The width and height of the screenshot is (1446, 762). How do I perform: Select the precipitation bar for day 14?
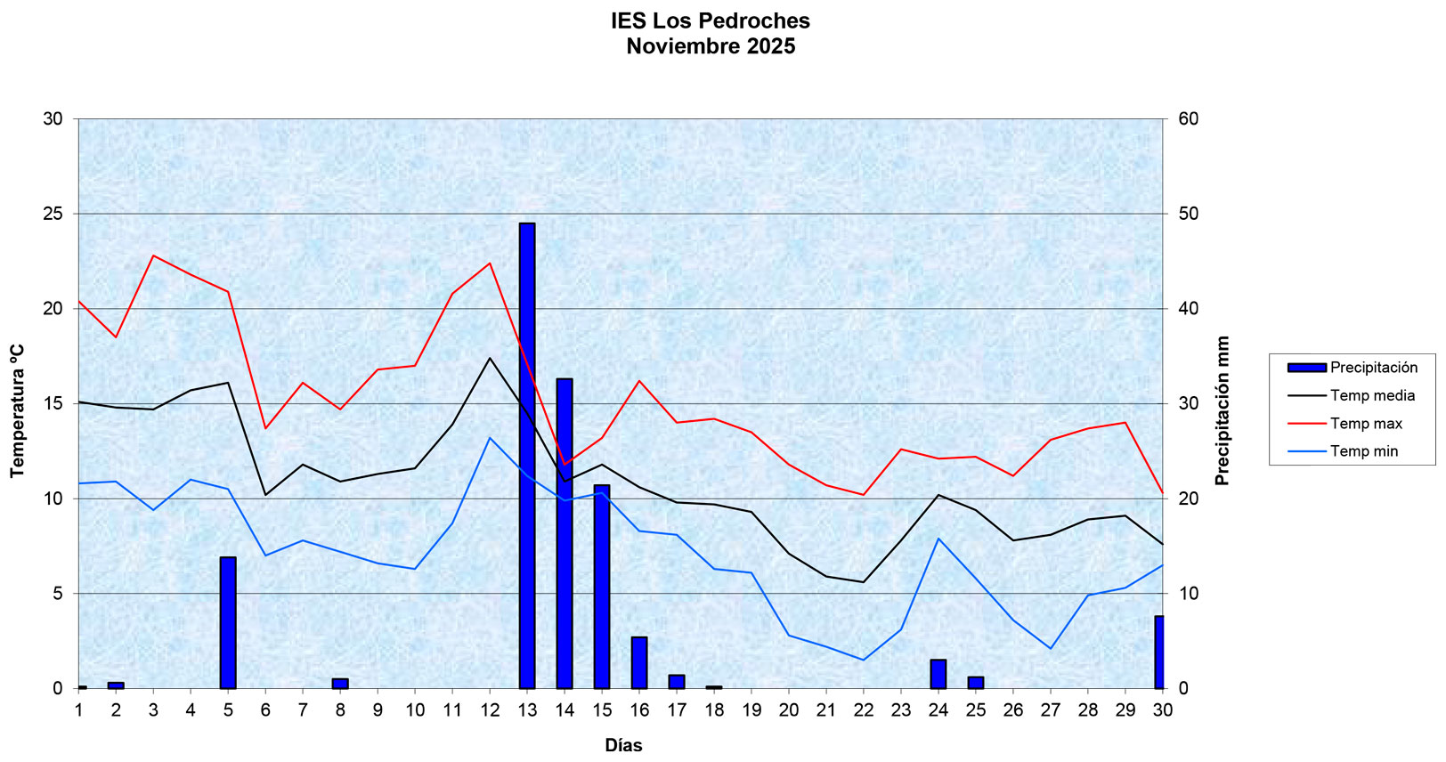(565, 533)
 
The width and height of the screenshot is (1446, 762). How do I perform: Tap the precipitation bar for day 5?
(228, 622)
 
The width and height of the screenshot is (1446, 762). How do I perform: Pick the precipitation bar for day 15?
(602, 587)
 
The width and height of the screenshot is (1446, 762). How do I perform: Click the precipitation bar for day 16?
(639, 662)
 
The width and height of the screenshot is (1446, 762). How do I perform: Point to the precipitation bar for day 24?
(938, 674)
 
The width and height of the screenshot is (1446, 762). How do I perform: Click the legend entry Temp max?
(1366, 424)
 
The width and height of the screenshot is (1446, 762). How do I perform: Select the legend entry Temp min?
(1364, 451)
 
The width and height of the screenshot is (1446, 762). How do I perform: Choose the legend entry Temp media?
(1372, 395)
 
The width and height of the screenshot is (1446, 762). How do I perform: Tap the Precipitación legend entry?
(1373, 368)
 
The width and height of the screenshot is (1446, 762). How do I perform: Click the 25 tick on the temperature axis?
(53, 214)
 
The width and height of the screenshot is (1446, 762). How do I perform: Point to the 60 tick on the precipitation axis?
(1189, 118)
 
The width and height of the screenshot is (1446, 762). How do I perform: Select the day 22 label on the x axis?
(864, 709)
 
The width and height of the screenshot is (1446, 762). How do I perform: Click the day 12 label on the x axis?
(490, 709)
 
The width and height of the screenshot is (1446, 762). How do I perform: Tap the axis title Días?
(623, 745)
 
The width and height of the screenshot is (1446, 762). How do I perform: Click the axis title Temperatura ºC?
(18, 410)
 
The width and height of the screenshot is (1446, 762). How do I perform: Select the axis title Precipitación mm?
(1223, 410)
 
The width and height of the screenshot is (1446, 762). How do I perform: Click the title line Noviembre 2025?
(711, 46)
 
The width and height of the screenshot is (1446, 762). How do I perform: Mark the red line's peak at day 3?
(153, 255)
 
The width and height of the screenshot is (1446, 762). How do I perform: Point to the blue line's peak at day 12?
(490, 437)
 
